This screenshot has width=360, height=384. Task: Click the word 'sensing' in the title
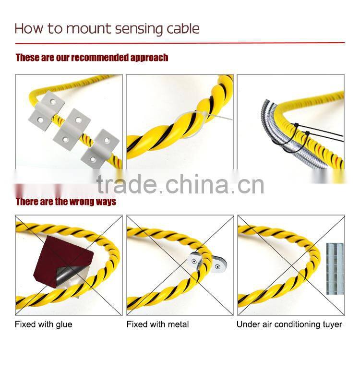(134, 28)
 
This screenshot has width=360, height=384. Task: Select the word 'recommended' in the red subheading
(100, 58)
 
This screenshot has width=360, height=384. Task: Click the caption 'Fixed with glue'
(43, 324)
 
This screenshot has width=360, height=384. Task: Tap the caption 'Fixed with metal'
(157, 324)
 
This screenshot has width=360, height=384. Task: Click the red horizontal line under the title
(180, 43)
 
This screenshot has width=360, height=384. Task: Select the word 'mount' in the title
(86, 28)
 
